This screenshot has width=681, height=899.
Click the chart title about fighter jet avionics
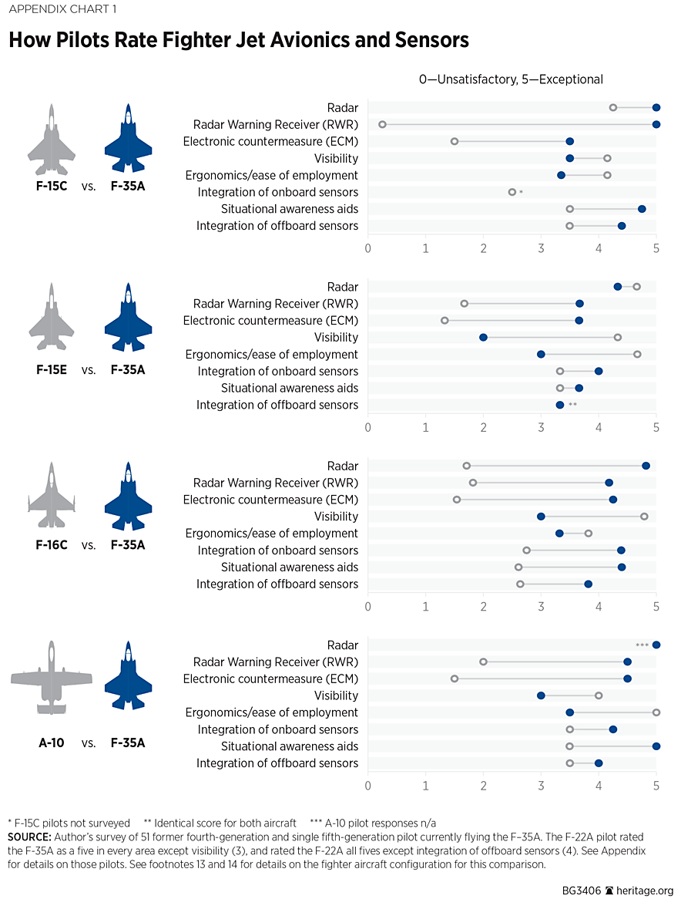pos(239,40)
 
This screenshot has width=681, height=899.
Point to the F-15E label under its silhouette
pos(52,369)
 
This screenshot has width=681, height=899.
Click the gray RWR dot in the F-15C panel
pos(382,124)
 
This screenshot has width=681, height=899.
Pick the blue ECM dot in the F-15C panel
pos(569,141)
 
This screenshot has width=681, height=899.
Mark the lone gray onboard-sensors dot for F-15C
pos(512,192)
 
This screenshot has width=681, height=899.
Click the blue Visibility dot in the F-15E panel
pos(483,337)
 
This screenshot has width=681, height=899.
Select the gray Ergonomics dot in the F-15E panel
pos(637,354)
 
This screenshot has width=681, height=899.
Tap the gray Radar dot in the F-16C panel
pos(467,466)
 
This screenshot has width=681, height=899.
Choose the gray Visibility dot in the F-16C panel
pos(644,517)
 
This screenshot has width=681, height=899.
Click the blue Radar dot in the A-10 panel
pos(656,645)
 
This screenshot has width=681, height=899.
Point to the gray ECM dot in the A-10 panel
pos(455,678)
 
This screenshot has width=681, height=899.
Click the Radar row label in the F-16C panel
pos(343,466)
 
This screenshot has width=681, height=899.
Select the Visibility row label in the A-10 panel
pos(336,695)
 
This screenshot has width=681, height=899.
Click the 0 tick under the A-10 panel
pos(368,785)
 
